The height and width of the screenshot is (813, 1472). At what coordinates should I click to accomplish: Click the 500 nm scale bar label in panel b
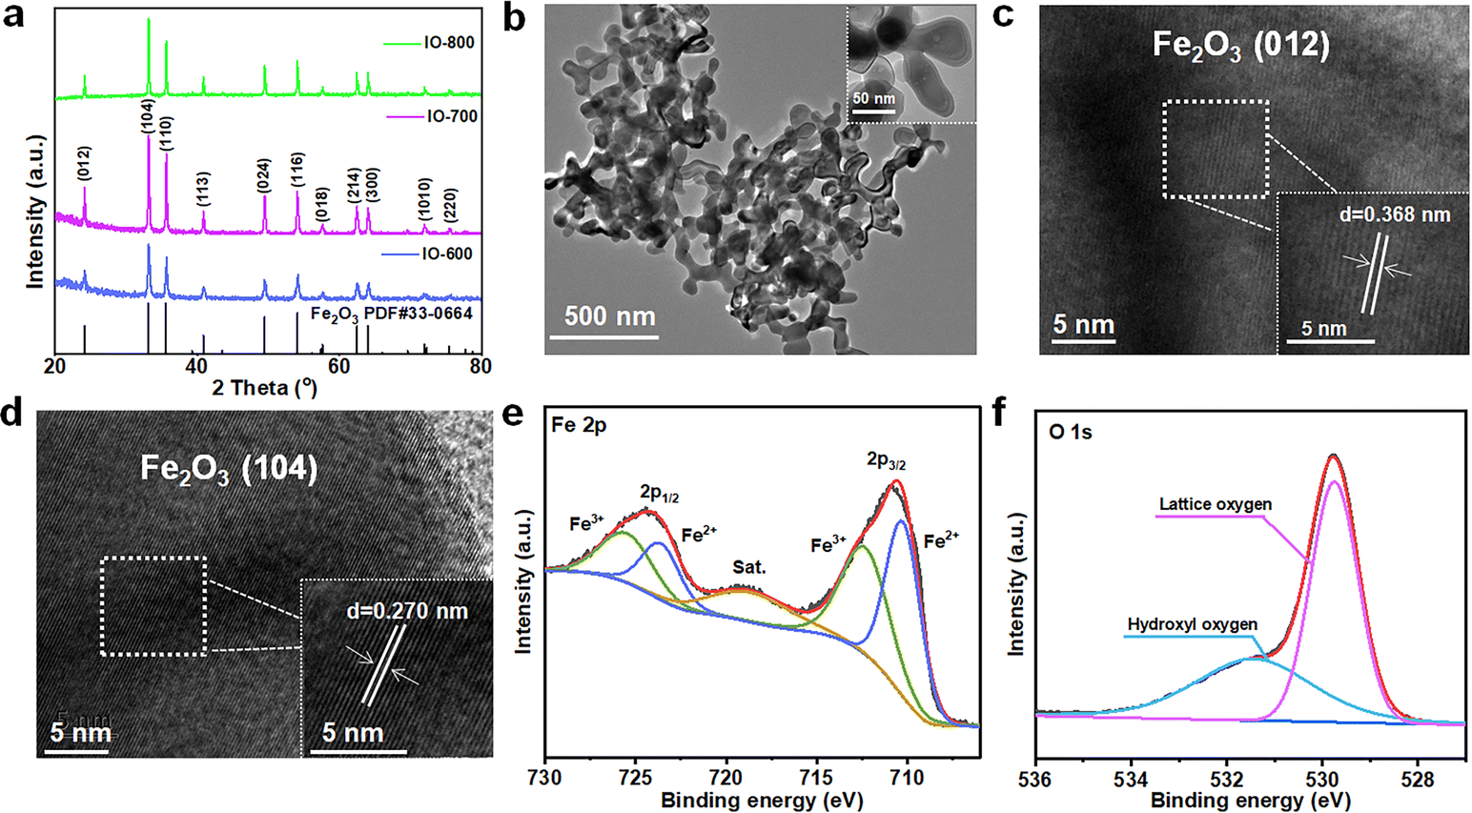[610, 315]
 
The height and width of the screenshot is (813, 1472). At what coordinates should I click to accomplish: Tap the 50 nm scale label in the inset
[873, 99]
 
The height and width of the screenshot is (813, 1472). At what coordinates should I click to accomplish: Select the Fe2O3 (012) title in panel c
[1240, 46]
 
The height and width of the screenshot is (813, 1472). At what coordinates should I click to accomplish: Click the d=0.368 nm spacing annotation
[1394, 214]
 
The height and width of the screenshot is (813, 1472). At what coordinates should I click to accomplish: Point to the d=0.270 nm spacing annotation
[407, 610]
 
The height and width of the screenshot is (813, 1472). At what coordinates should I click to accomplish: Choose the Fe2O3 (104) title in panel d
[229, 468]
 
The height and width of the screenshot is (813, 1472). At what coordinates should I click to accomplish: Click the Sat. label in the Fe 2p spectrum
[749, 567]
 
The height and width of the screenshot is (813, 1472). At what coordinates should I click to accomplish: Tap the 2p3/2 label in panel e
[887, 461]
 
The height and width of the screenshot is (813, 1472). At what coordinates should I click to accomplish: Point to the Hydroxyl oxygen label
[1192, 625]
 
